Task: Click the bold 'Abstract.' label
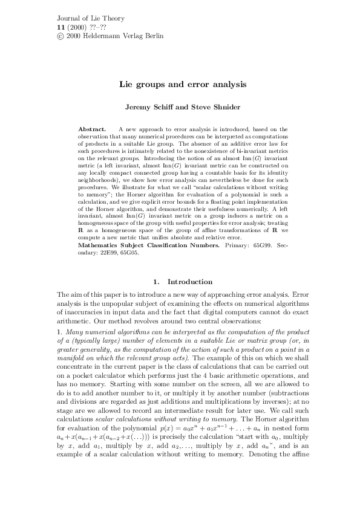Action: point(92,129)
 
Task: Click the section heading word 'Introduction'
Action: point(190,282)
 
